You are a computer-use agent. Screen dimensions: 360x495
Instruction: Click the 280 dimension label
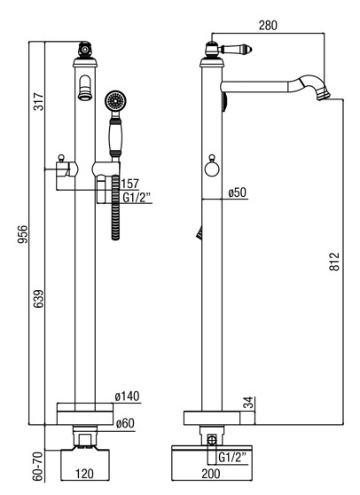(268, 25)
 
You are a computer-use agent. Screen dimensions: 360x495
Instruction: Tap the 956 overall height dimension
(23, 234)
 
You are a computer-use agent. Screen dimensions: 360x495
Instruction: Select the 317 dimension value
(38, 101)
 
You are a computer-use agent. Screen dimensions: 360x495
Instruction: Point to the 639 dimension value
(38, 299)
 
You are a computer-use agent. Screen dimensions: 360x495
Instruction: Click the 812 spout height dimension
(334, 262)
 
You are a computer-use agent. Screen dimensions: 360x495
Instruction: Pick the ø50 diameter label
(238, 192)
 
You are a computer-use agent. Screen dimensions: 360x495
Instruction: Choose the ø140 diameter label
(127, 397)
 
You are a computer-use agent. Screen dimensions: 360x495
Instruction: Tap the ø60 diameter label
(125, 423)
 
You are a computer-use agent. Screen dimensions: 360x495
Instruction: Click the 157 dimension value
(130, 184)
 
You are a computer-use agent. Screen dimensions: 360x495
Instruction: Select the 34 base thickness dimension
(249, 403)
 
